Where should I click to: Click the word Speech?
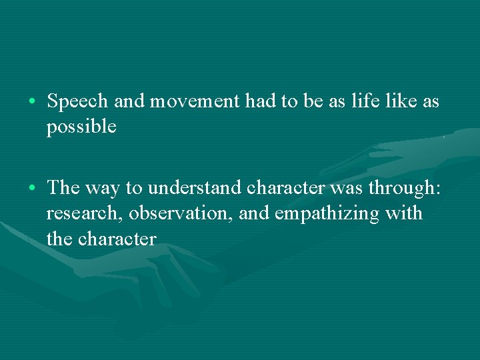click(78, 102)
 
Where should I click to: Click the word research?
click(83, 214)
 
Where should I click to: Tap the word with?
click(407, 213)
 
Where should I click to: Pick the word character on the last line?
click(117, 239)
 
